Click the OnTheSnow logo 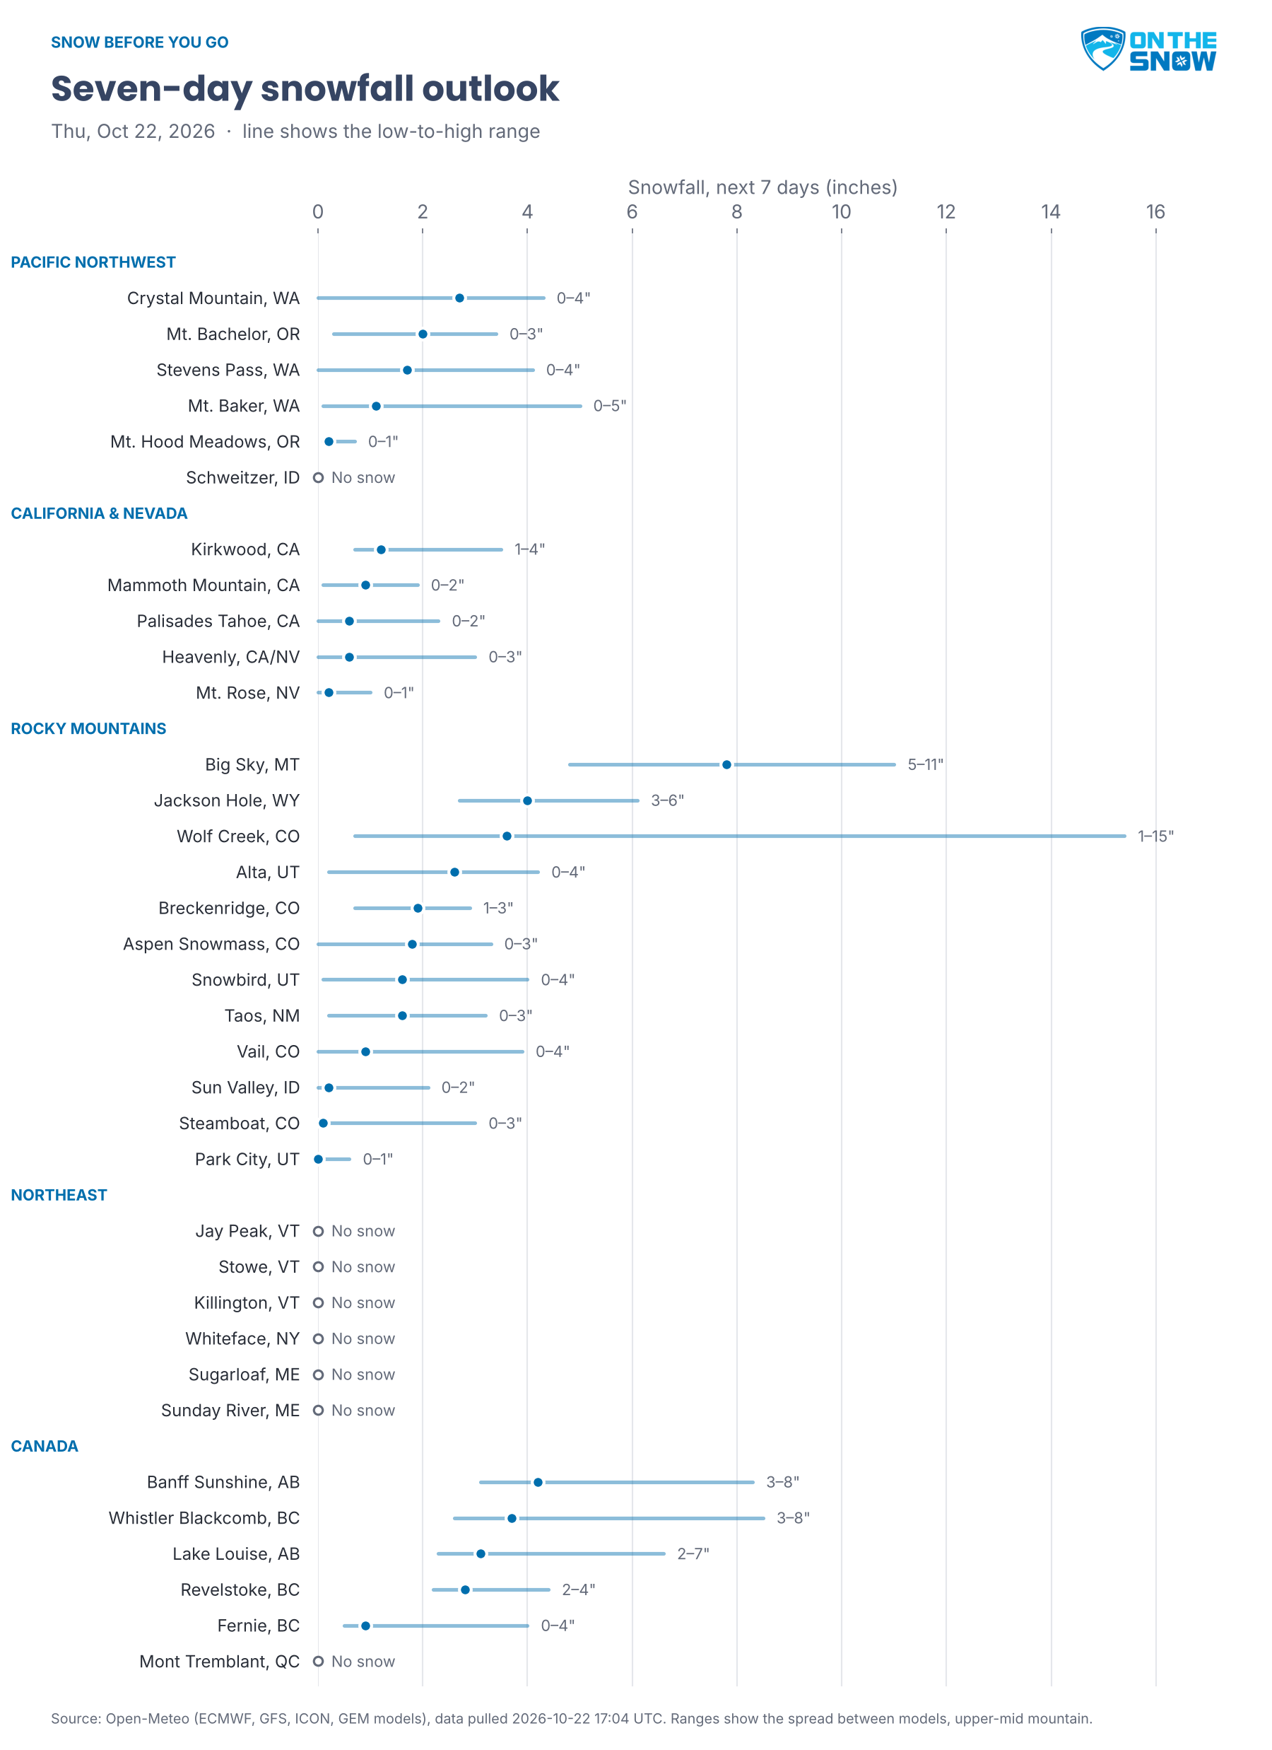click(1148, 49)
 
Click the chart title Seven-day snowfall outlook click(305, 88)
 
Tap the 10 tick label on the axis click(841, 211)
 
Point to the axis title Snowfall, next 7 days click(762, 187)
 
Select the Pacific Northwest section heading click(93, 262)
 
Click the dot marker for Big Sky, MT click(726, 764)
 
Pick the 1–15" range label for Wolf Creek click(1155, 836)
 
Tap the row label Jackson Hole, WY click(227, 801)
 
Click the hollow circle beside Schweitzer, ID click(318, 477)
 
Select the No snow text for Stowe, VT click(363, 1267)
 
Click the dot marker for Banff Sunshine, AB click(538, 1482)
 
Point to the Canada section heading click(45, 1446)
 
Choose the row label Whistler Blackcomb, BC click(204, 1518)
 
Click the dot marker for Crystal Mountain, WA click(460, 298)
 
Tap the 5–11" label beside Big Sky click(925, 764)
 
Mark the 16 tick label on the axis click(1155, 211)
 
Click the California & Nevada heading click(99, 514)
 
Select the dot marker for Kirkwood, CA click(381, 549)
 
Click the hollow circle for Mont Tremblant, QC click(318, 1662)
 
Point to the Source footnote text click(572, 1718)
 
